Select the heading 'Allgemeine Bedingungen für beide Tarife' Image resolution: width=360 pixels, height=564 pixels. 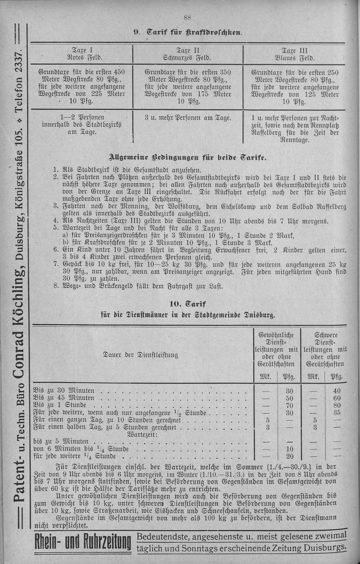coord(188,158)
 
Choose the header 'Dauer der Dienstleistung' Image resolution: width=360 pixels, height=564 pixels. coord(141,355)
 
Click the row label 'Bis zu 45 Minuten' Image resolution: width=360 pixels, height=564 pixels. coord(64,398)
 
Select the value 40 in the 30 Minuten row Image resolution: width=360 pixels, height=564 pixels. coord(337,391)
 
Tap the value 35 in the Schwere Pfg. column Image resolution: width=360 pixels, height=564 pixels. coord(337,412)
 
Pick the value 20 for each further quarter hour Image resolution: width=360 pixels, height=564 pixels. coord(289,456)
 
